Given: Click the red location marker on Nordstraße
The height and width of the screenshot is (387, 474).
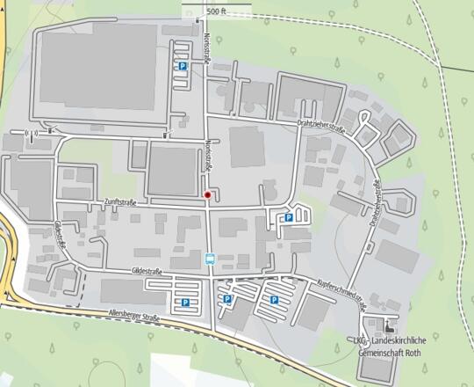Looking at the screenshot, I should point(207,194).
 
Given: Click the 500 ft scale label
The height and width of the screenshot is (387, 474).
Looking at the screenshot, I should point(217,11).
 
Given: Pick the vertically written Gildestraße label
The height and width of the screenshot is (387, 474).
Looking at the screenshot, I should point(59,234).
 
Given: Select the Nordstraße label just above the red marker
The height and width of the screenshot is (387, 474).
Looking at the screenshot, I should point(207,154).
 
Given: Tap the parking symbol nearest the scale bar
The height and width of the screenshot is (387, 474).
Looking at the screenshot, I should point(182,66).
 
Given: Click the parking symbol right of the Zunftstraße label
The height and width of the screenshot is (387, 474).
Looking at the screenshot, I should point(288,218).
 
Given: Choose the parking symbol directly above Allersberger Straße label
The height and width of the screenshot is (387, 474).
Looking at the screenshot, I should point(185,303).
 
